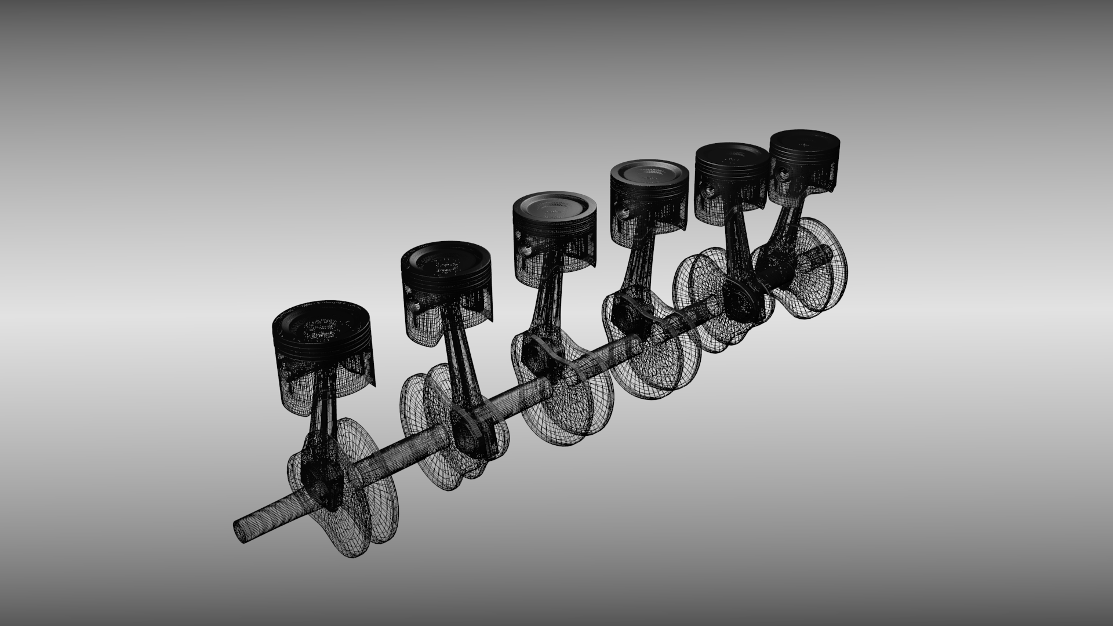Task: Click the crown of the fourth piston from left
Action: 648,172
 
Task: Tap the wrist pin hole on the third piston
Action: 527,249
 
